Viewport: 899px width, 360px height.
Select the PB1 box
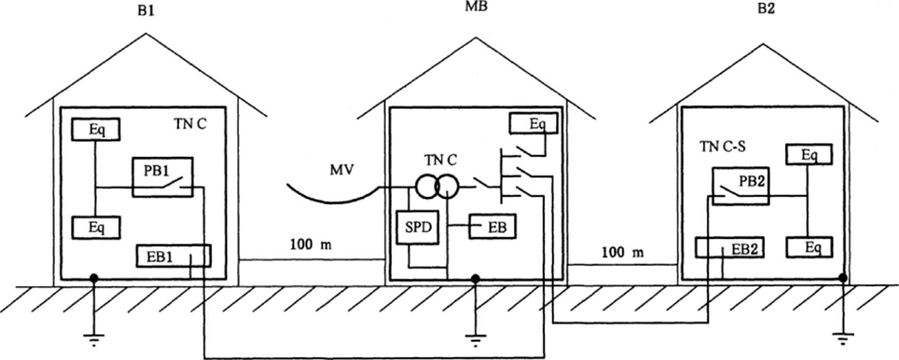[162, 177]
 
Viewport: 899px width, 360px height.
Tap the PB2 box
[740, 186]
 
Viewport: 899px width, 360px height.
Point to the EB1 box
[173, 256]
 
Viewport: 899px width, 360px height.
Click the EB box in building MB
[492, 228]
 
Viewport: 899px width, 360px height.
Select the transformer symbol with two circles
[437, 188]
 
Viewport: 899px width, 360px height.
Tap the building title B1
[146, 11]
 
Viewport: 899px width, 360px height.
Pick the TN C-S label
[722, 147]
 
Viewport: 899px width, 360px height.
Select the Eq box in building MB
[533, 123]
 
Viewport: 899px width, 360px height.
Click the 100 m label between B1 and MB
[310, 244]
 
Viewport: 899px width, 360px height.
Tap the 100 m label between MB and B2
[622, 252]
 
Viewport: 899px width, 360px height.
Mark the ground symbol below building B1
[93, 339]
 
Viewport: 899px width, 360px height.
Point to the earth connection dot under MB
[476, 278]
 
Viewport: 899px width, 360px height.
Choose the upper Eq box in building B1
[96, 129]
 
